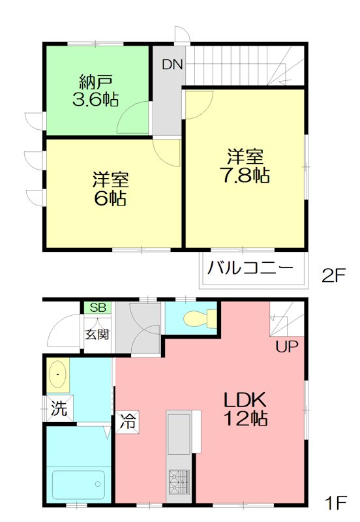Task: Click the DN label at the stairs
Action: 173,65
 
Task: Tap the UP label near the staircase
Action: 286,346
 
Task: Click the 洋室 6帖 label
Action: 109,188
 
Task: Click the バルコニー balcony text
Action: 247,268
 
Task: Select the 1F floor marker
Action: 335,504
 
